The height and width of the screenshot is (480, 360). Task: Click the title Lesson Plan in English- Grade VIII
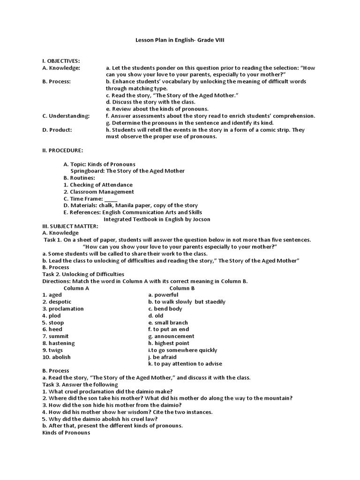tap(180, 41)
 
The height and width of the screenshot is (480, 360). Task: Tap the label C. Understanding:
tap(65, 116)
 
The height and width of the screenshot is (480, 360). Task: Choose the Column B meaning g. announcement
tap(171, 336)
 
